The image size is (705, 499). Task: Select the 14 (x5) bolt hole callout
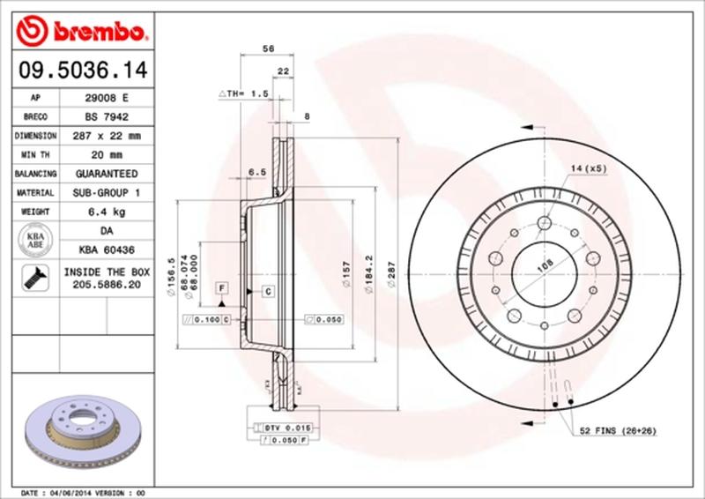pos(590,168)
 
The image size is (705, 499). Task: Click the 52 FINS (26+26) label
pos(619,431)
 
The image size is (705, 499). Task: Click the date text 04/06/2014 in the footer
pos(69,491)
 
